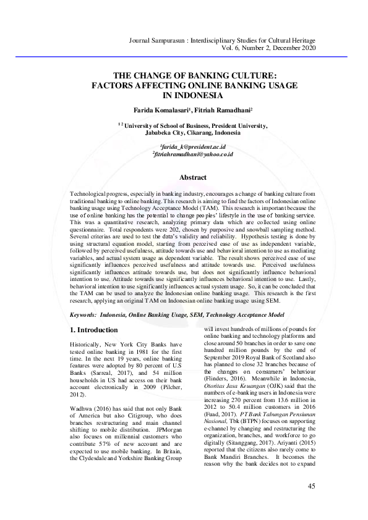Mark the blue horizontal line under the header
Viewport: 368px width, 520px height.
point(184,56)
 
